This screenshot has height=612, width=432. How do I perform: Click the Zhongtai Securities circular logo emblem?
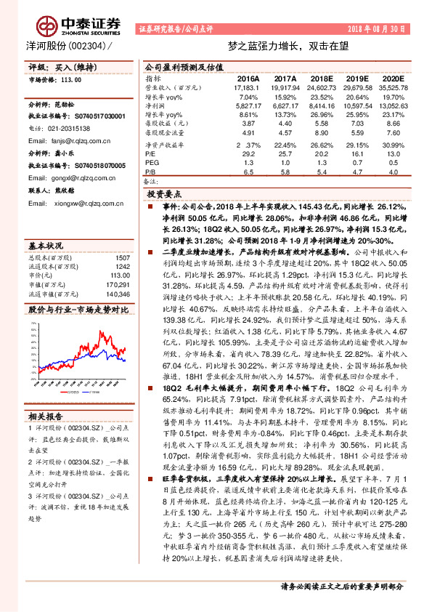tap(49, 27)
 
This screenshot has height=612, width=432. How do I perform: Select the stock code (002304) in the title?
tap(88, 45)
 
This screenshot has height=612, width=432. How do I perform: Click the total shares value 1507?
tap(123, 257)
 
